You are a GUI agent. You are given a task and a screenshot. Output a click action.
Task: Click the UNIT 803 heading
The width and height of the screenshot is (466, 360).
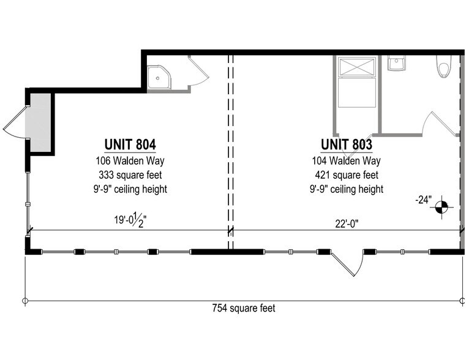346,144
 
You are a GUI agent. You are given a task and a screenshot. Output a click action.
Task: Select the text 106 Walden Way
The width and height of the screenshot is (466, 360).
130,161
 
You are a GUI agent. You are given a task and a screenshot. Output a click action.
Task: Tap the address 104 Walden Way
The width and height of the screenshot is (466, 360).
346,161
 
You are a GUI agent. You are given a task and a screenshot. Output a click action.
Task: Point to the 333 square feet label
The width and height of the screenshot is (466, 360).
130,175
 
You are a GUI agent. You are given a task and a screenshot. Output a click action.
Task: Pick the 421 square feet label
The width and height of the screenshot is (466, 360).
346,175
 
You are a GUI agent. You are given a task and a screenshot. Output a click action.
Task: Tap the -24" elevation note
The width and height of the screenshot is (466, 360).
422,200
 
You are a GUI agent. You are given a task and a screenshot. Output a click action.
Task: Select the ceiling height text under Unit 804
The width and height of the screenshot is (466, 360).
130,189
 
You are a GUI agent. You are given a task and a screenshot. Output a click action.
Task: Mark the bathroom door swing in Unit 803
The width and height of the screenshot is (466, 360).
442,122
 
